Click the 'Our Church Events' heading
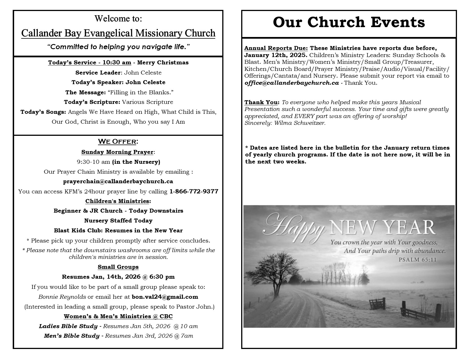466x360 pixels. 349,22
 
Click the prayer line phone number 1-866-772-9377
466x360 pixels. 194,191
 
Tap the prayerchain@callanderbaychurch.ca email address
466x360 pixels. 118,181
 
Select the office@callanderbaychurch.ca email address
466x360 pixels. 291,83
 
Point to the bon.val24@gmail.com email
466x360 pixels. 165,297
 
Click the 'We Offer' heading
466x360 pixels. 118,141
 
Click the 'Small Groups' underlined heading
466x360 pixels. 118,267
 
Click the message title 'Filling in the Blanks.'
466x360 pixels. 140,92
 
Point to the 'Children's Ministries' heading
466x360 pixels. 117,201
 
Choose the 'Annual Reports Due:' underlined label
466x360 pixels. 276,48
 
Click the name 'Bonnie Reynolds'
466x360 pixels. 62,297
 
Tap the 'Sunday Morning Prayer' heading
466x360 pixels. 117,152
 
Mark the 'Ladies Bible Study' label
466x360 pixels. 68,326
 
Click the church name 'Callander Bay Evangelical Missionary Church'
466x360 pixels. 118,33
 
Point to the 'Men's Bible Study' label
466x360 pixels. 72,336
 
